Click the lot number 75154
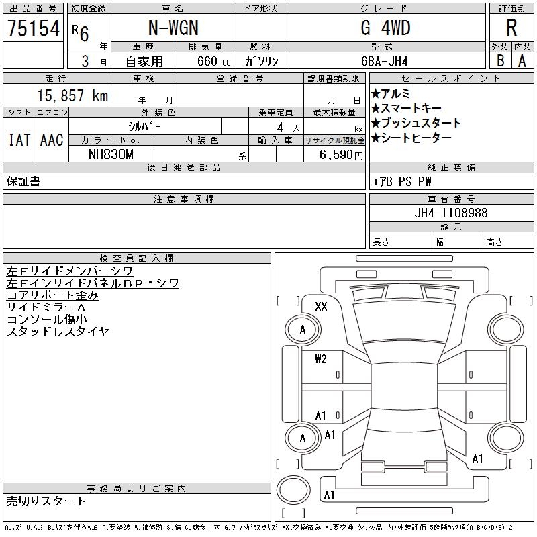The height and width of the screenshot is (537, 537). coord(34,28)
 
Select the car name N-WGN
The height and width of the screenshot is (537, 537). coord(173,28)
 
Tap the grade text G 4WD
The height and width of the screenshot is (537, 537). coord(385,28)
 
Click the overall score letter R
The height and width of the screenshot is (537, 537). coord(511,28)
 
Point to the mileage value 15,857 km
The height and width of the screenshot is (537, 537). coord(72,95)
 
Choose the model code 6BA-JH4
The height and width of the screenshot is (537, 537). coord(384,61)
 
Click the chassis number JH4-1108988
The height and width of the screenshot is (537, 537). coord(451,213)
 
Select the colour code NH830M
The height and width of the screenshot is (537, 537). coord(111,154)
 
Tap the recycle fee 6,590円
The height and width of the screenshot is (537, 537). coord(341,155)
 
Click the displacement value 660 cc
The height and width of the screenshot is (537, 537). coord(214,61)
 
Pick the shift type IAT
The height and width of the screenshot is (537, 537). coord(19,140)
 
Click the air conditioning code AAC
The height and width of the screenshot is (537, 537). coord(52,140)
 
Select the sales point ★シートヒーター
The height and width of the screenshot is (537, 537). coord(411,138)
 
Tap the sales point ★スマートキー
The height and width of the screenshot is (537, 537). coord(406,108)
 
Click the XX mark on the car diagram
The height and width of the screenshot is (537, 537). coord(321,306)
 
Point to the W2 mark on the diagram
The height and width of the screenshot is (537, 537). coord(321,359)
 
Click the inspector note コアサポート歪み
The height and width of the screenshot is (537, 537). coord(52,295)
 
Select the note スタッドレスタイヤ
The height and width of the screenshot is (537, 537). coord(58,331)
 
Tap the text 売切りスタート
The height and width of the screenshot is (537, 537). coord(46,501)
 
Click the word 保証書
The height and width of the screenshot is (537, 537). coord(23,181)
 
